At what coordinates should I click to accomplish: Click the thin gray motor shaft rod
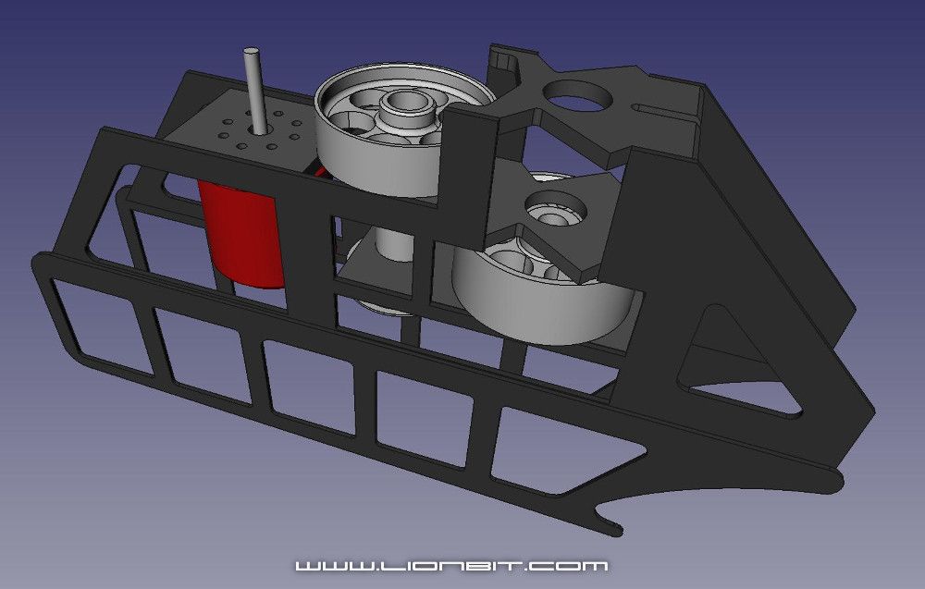coord(253,88)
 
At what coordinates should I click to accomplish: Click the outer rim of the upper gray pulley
coord(370,162)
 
